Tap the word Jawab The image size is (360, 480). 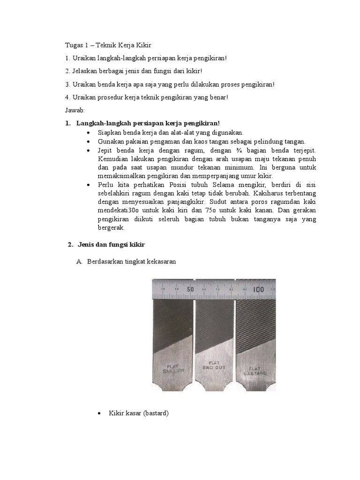point(74,110)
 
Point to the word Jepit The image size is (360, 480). point(105,150)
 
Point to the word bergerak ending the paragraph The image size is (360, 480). point(111,227)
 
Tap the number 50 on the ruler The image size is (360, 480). point(190,289)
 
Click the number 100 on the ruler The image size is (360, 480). point(258,289)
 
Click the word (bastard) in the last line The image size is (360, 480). point(156,413)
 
